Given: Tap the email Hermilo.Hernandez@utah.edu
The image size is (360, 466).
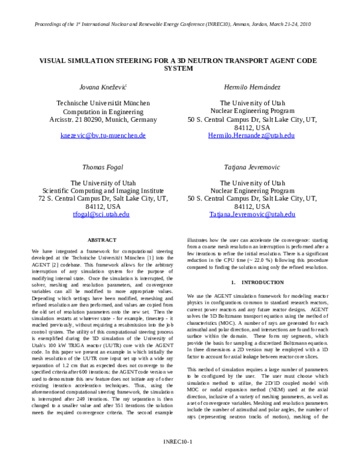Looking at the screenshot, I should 251,136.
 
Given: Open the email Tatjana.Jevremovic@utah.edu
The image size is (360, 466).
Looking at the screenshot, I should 252,214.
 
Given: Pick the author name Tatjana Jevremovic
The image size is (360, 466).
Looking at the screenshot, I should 252,168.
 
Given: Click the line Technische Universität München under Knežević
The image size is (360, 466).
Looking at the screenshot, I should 103,103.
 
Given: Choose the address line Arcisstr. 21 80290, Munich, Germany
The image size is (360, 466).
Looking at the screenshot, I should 103,119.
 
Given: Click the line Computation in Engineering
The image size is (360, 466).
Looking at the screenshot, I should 103,111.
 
